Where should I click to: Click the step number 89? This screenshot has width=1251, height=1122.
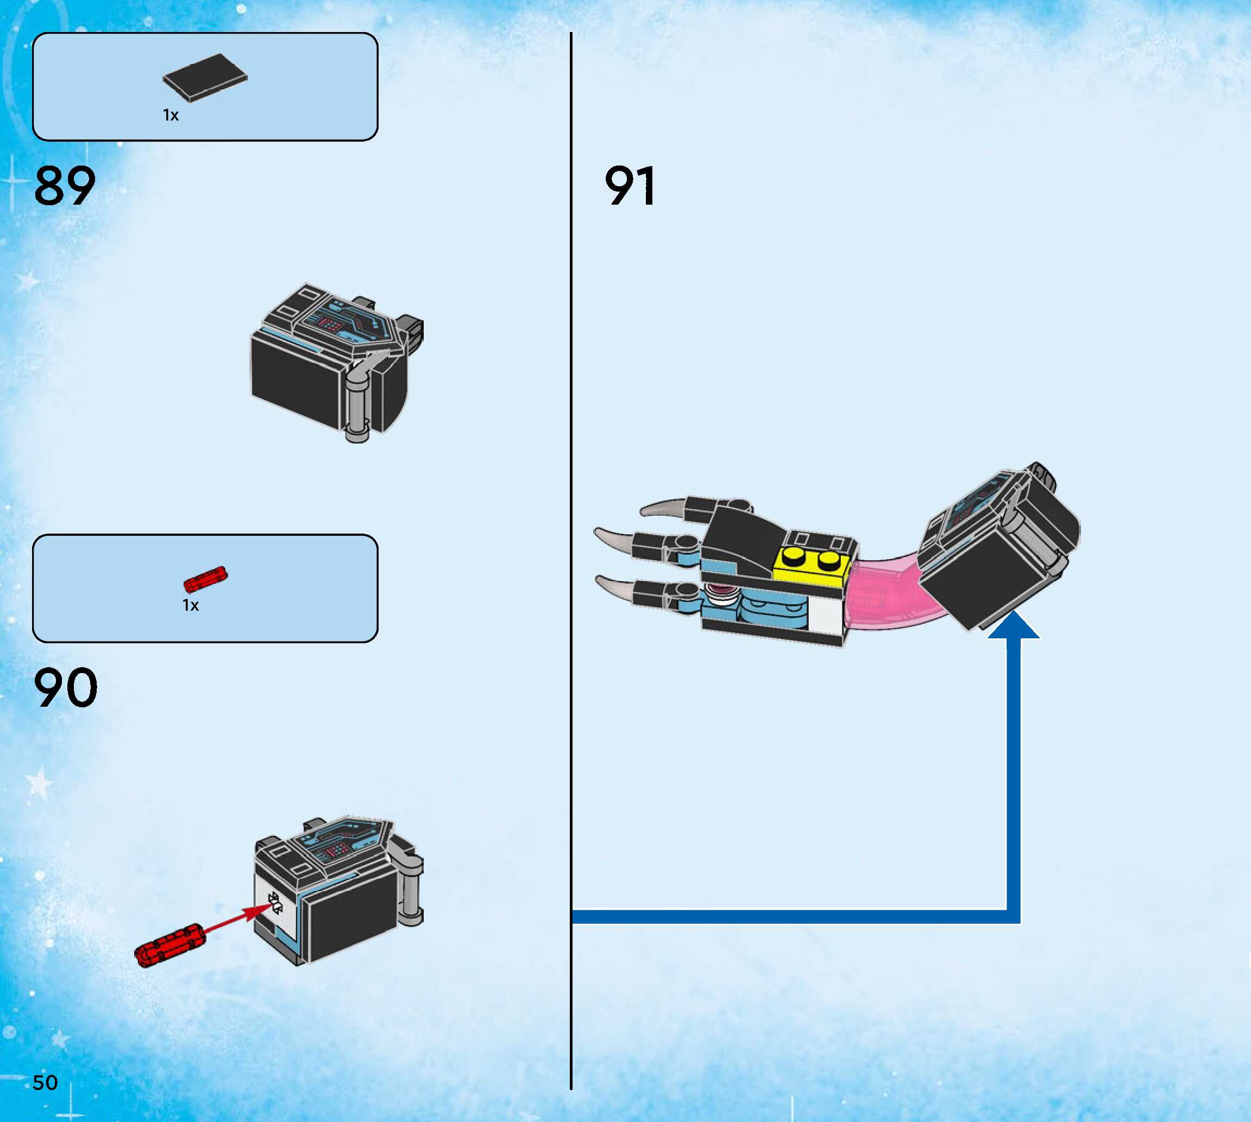(x=65, y=186)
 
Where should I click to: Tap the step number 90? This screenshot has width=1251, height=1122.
(x=65, y=688)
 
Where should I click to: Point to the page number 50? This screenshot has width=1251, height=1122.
(x=45, y=1082)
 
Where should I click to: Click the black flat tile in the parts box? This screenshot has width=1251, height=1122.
(x=205, y=77)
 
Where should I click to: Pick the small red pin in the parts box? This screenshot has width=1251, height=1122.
(x=205, y=580)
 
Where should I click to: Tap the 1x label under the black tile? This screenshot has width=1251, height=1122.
(x=171, y=115)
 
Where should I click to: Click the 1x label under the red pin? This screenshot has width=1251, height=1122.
(x=191, y=605)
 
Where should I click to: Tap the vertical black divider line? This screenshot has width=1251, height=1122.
(x=571, y=555)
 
